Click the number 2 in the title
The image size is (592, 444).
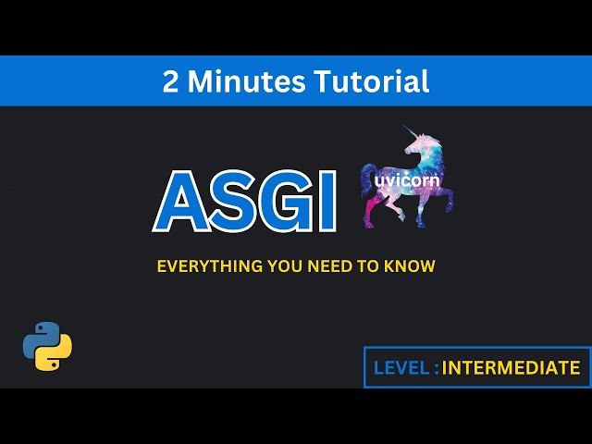click(171, 81)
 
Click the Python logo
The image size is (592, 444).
click(47, 346)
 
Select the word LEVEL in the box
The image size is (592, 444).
click(401, 368)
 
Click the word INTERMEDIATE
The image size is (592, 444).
click(512, 368)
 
